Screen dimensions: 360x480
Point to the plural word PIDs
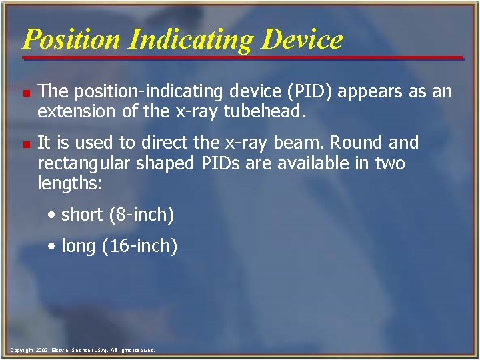pos(217,163)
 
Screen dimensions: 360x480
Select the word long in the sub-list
pos(79,246)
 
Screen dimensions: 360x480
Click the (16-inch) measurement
pos(141,246)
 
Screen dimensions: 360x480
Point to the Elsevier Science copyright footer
pos(83,350)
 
